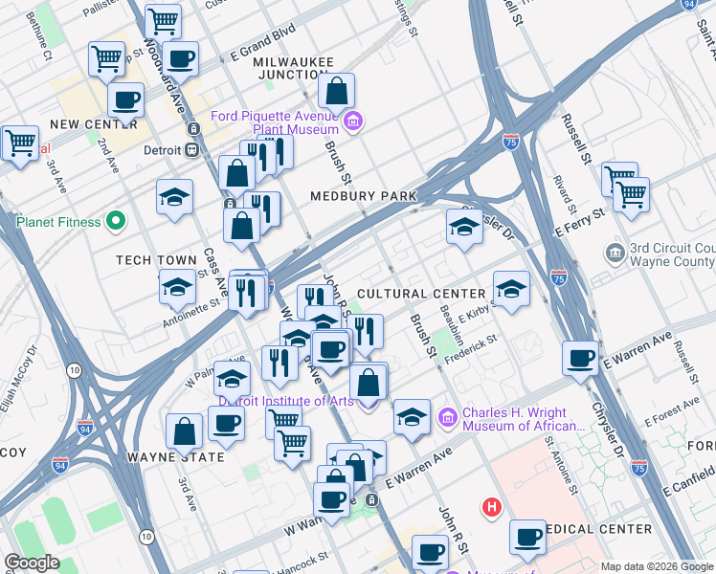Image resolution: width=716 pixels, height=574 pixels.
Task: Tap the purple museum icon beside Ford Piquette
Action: (354, 121)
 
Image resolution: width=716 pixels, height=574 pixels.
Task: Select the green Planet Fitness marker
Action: (117, 222)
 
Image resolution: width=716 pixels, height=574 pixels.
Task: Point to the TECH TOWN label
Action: (148, 260)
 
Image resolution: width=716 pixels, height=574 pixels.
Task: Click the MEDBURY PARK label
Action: (364, 196)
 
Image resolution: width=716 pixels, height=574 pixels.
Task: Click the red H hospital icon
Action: (492, 507)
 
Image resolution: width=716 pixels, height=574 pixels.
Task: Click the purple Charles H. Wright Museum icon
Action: (447, 418)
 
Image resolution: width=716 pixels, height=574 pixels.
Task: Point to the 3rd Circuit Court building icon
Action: (615, 254)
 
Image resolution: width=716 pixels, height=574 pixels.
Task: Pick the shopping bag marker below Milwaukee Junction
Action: (336, 92)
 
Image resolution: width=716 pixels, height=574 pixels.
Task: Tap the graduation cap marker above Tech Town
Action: (173, 197)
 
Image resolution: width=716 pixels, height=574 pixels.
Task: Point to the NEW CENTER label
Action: (93, 124)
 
